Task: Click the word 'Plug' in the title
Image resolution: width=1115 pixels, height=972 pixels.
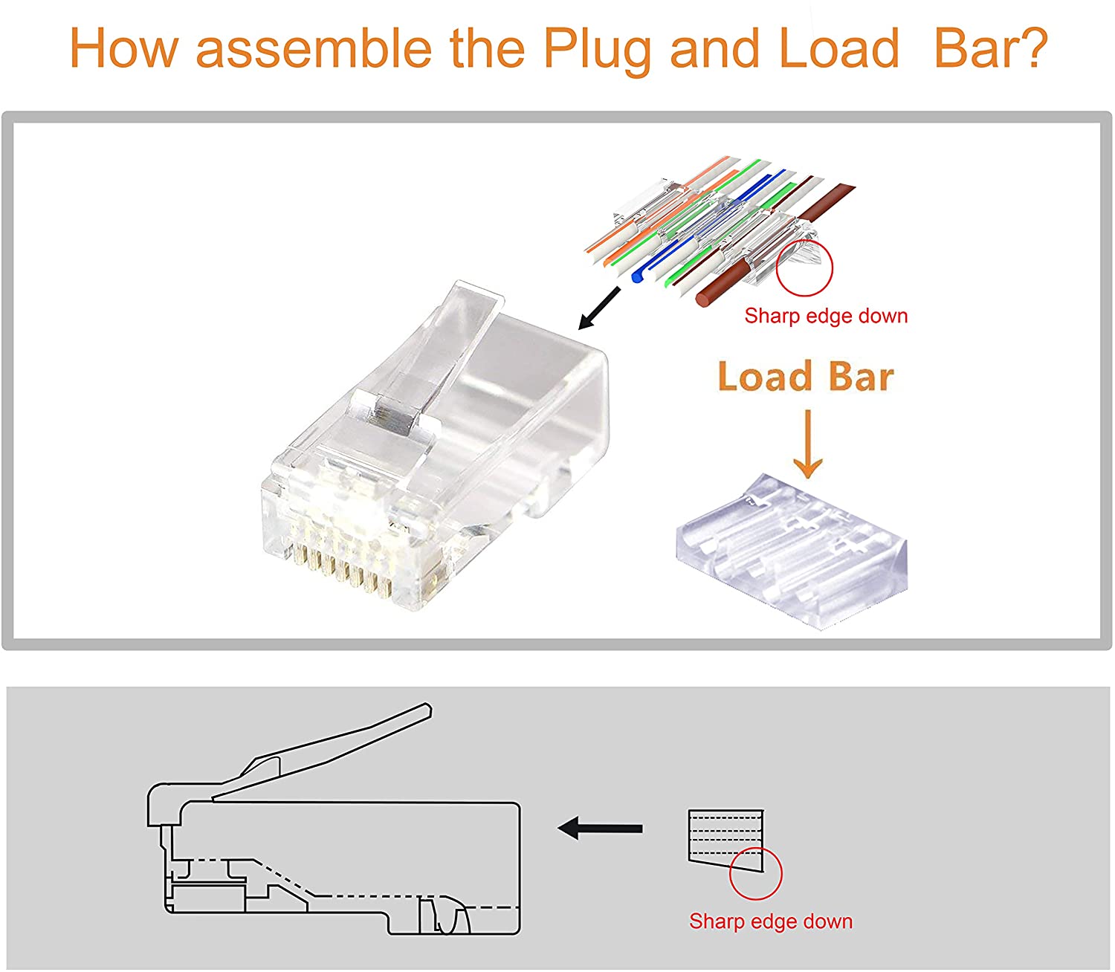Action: [599, 49]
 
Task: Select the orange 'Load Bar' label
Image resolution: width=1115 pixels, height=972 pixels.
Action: [806, 377]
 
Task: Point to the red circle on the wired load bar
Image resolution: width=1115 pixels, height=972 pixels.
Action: [804, 268]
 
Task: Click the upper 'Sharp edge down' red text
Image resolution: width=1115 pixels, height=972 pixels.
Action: [826, 316]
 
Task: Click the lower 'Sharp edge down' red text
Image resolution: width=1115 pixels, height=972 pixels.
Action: [771, 921]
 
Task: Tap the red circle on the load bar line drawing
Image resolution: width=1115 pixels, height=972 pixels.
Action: [755, 873]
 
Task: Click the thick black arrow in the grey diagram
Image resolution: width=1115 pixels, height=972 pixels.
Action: [601, 828]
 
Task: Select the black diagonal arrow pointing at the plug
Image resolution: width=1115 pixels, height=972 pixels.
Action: [599, 308]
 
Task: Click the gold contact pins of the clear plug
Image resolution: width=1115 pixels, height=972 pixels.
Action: [342, 576]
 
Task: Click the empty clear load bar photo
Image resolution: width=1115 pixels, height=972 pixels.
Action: [791, 550]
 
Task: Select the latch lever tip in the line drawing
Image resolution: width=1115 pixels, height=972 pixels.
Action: [424, 710]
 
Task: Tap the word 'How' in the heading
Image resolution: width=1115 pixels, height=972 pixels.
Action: [123, 49]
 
